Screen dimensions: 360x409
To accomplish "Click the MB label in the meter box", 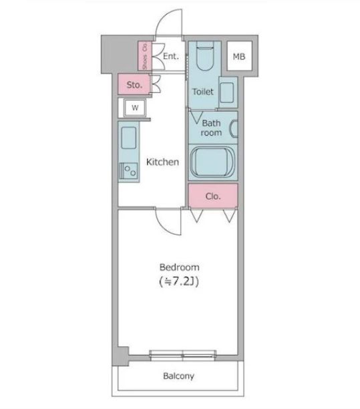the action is [239, 56].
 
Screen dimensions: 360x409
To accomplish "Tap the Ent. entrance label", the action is [171, 56].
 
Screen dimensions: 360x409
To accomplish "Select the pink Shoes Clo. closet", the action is [144, 56].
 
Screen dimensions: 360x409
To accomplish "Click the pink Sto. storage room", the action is [134, 84].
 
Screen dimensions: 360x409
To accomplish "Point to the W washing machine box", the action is [135, 108].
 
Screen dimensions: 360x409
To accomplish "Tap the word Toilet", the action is [202, 92].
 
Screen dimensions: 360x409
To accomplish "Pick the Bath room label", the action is [211, 128].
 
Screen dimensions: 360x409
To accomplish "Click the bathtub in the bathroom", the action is [212, 162].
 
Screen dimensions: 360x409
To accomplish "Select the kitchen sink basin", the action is [129, 138].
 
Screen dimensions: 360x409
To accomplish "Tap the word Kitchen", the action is [162, 162].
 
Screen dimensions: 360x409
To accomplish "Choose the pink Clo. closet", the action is [213, 195].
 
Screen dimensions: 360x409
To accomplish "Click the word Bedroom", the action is [180, 267].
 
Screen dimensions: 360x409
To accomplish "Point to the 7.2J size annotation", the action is [179, 281].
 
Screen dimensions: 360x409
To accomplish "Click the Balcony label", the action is [178, 376].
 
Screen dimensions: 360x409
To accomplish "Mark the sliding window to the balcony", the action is [183, 356].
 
